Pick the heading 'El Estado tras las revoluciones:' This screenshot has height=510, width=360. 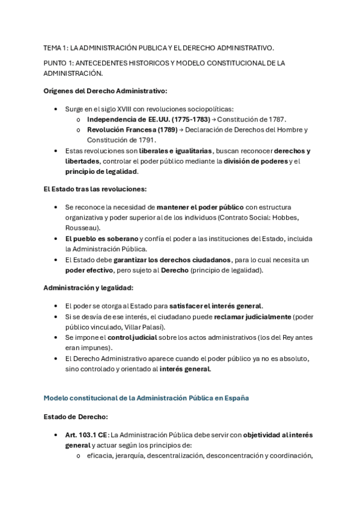tap(96, 189)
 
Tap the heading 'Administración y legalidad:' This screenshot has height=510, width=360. tap(90, 287)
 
